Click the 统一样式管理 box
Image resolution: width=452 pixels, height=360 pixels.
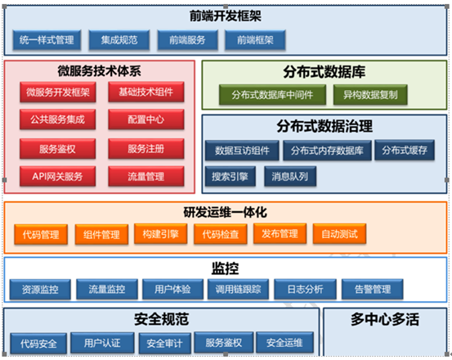tap(47, 40)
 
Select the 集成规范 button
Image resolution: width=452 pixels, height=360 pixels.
tap(119, 40)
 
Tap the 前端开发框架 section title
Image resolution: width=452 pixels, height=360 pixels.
tap(226, 16)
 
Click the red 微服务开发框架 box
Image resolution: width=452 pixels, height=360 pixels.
tap(58, 92)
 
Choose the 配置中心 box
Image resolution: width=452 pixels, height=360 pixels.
tap(146, 119)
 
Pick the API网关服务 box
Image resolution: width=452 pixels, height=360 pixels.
tap(58, 176)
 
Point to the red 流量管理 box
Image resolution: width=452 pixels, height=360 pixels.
tap(146, 176)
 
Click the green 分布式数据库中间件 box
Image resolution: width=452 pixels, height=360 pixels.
tap(272, 95)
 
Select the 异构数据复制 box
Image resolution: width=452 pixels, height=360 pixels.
tap(370, 95)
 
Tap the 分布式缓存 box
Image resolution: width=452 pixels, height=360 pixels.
tap(405, 150)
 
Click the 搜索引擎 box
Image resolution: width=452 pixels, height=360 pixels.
tap(230, 176)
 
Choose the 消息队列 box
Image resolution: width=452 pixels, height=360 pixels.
tap(290, 176)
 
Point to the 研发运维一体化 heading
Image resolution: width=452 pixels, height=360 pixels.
tap(226, 212)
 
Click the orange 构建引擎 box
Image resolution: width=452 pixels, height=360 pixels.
tap(161, 234)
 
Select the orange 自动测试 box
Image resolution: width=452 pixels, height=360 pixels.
tap(339, 234)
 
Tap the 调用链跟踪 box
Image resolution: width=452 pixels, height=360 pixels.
tap(239, 289)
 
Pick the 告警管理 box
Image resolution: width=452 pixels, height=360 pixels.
tap(373, 289)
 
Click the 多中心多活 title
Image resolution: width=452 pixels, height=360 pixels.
tap(385, 319)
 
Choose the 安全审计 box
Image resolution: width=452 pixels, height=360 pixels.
tap(164, 344)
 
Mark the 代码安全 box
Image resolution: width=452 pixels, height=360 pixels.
tap(38, 344)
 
